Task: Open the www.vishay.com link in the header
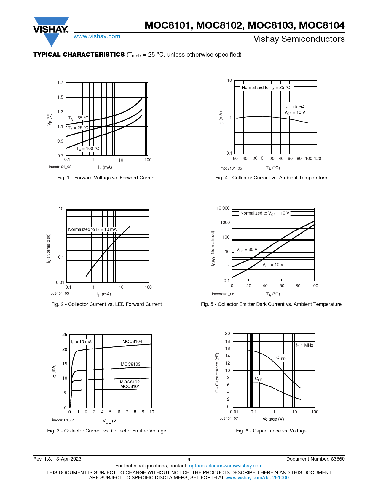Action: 97,36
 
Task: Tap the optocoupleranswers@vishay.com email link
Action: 226,466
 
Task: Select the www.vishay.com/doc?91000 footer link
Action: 257,477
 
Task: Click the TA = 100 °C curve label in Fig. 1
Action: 88,148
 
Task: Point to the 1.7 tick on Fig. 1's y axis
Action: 60,82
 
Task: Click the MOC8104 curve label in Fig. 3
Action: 132,341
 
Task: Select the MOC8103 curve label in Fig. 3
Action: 130,364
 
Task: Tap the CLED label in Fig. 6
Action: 281,358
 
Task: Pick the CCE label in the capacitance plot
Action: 259,379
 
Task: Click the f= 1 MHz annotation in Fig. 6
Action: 304,345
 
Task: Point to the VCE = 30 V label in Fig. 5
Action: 247,250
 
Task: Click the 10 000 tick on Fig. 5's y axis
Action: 223,208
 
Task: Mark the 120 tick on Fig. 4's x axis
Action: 318,159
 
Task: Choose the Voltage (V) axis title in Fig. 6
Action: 273,419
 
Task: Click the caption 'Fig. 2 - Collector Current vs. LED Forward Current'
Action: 106,304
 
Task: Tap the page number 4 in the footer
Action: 189,459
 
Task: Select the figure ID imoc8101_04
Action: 63,420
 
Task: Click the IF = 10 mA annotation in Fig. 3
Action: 81,342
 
